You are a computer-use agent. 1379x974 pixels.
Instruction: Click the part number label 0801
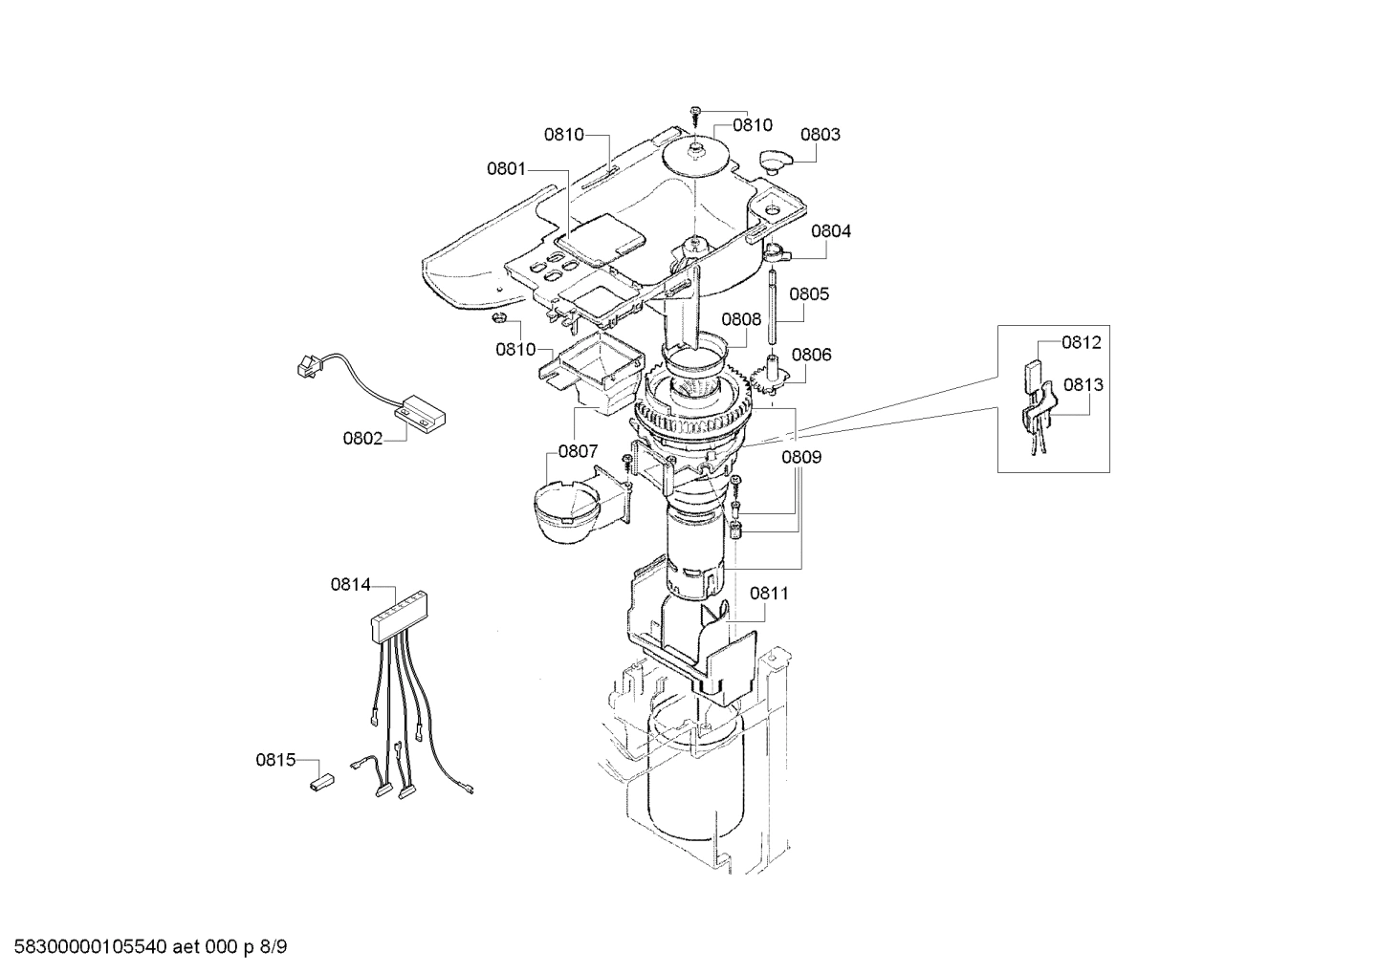[506, 169]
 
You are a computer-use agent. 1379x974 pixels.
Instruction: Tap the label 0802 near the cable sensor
[362, 439]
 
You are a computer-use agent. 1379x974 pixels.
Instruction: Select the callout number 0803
[820, 135]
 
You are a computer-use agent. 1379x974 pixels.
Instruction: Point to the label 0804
[831, 231]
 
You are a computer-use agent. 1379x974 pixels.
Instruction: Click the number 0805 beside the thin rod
[809, 294]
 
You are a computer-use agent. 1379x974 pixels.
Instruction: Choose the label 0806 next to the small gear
[811, 355]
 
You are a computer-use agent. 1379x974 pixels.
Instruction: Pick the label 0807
[579, 450]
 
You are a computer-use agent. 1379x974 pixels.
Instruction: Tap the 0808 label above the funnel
[741, 320]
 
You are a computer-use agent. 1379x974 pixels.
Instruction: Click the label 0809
[800, 457]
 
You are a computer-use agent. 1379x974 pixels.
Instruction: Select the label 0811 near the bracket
[769, 593]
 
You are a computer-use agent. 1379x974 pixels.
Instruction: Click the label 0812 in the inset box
[1081, 342]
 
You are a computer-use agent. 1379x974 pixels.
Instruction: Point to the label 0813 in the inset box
[1083, 385]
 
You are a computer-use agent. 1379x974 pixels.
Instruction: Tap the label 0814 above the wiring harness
[350, 583]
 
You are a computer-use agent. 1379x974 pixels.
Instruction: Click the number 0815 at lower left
[274, 761]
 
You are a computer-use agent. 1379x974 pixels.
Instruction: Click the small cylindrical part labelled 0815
[318, 782]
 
